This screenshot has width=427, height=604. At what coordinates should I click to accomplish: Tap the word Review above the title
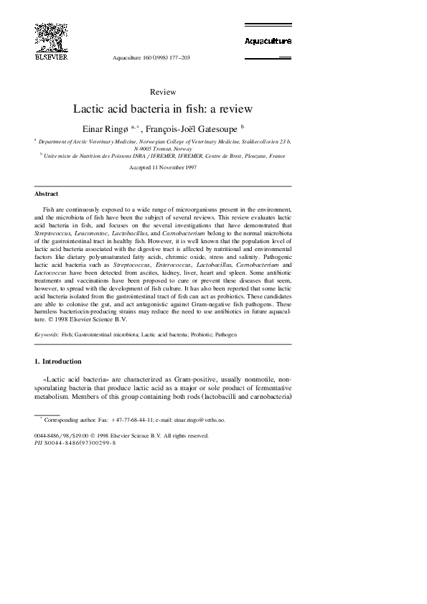[163, 92]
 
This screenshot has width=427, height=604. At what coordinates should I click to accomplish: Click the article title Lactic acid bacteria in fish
[163, 110]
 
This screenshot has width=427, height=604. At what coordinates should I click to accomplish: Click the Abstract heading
[47, 194]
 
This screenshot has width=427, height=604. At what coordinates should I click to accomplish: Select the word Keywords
[47, 334]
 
